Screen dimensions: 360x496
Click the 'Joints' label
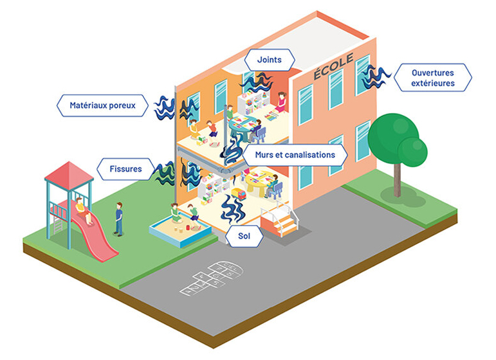(270, 60)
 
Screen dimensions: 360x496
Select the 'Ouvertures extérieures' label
(432, 78)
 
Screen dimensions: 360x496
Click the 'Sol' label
(244, 237)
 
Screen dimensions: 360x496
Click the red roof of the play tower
(69, 172)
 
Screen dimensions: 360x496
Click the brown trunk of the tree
(398, 179)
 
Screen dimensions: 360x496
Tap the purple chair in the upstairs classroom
(259, 135)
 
